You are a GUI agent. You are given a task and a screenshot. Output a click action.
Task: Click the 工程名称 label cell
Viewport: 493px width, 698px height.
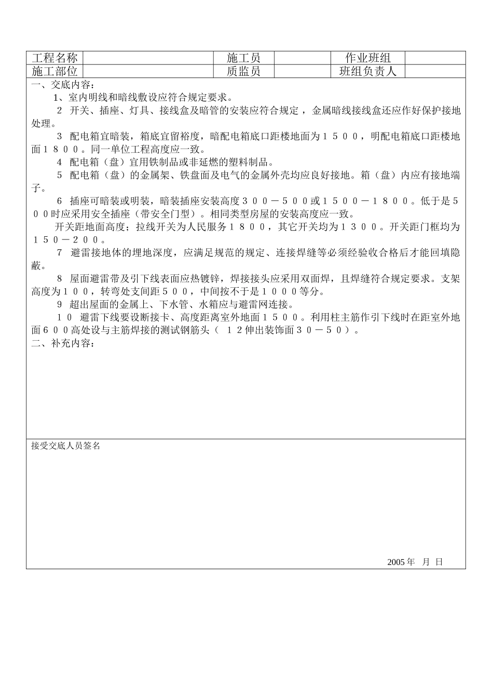pos(54,58)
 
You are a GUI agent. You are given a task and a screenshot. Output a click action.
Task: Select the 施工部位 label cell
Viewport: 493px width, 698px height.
pos(54,71)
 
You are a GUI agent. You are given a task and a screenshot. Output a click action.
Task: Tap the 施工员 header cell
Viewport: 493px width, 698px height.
pos(243,58)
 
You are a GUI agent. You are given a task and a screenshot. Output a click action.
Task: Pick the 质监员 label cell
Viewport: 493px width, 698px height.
pos(243,71)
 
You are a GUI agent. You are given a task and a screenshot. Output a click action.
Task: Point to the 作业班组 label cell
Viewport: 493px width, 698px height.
pos(367,58)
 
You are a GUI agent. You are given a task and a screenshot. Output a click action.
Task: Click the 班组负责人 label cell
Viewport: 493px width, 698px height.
pos(367,71)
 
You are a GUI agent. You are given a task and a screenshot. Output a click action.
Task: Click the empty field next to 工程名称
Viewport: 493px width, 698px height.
pos(148,58)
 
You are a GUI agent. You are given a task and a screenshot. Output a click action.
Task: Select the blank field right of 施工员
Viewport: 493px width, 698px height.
pos(302,58)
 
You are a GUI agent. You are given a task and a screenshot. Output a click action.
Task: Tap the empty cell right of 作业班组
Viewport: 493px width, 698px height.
pos(435,58)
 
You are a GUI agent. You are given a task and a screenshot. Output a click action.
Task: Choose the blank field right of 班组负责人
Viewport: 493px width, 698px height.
pos(435,71)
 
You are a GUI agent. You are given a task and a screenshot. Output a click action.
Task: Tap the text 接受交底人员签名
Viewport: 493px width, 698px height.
pos(65,446)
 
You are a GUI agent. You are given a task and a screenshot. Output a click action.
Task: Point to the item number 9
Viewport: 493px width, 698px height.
pos(59,304)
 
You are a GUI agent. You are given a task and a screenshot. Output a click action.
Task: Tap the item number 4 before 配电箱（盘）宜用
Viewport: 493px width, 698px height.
pos(59,162)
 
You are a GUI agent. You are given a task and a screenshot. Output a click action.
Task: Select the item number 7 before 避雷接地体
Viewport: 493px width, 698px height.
pos(59,253)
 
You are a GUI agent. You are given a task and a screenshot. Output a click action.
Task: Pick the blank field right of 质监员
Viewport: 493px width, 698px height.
pos(302,71)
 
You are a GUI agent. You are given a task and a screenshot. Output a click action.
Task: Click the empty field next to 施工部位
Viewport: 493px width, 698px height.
pos(148,71)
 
